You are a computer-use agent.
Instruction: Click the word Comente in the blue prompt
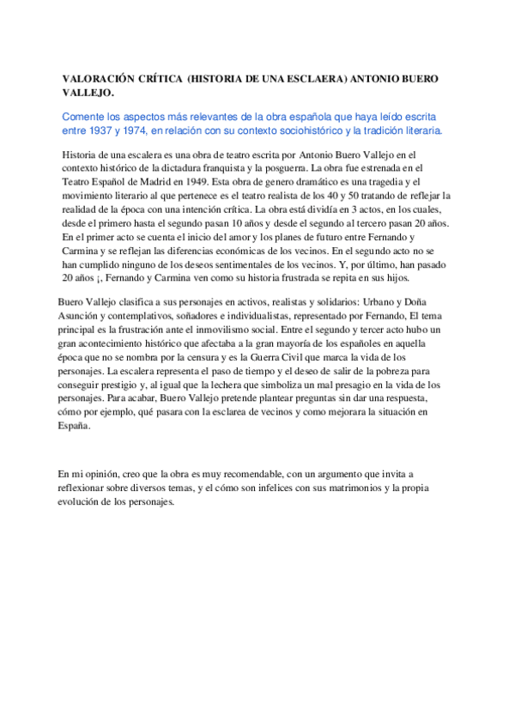pos(84,117)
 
